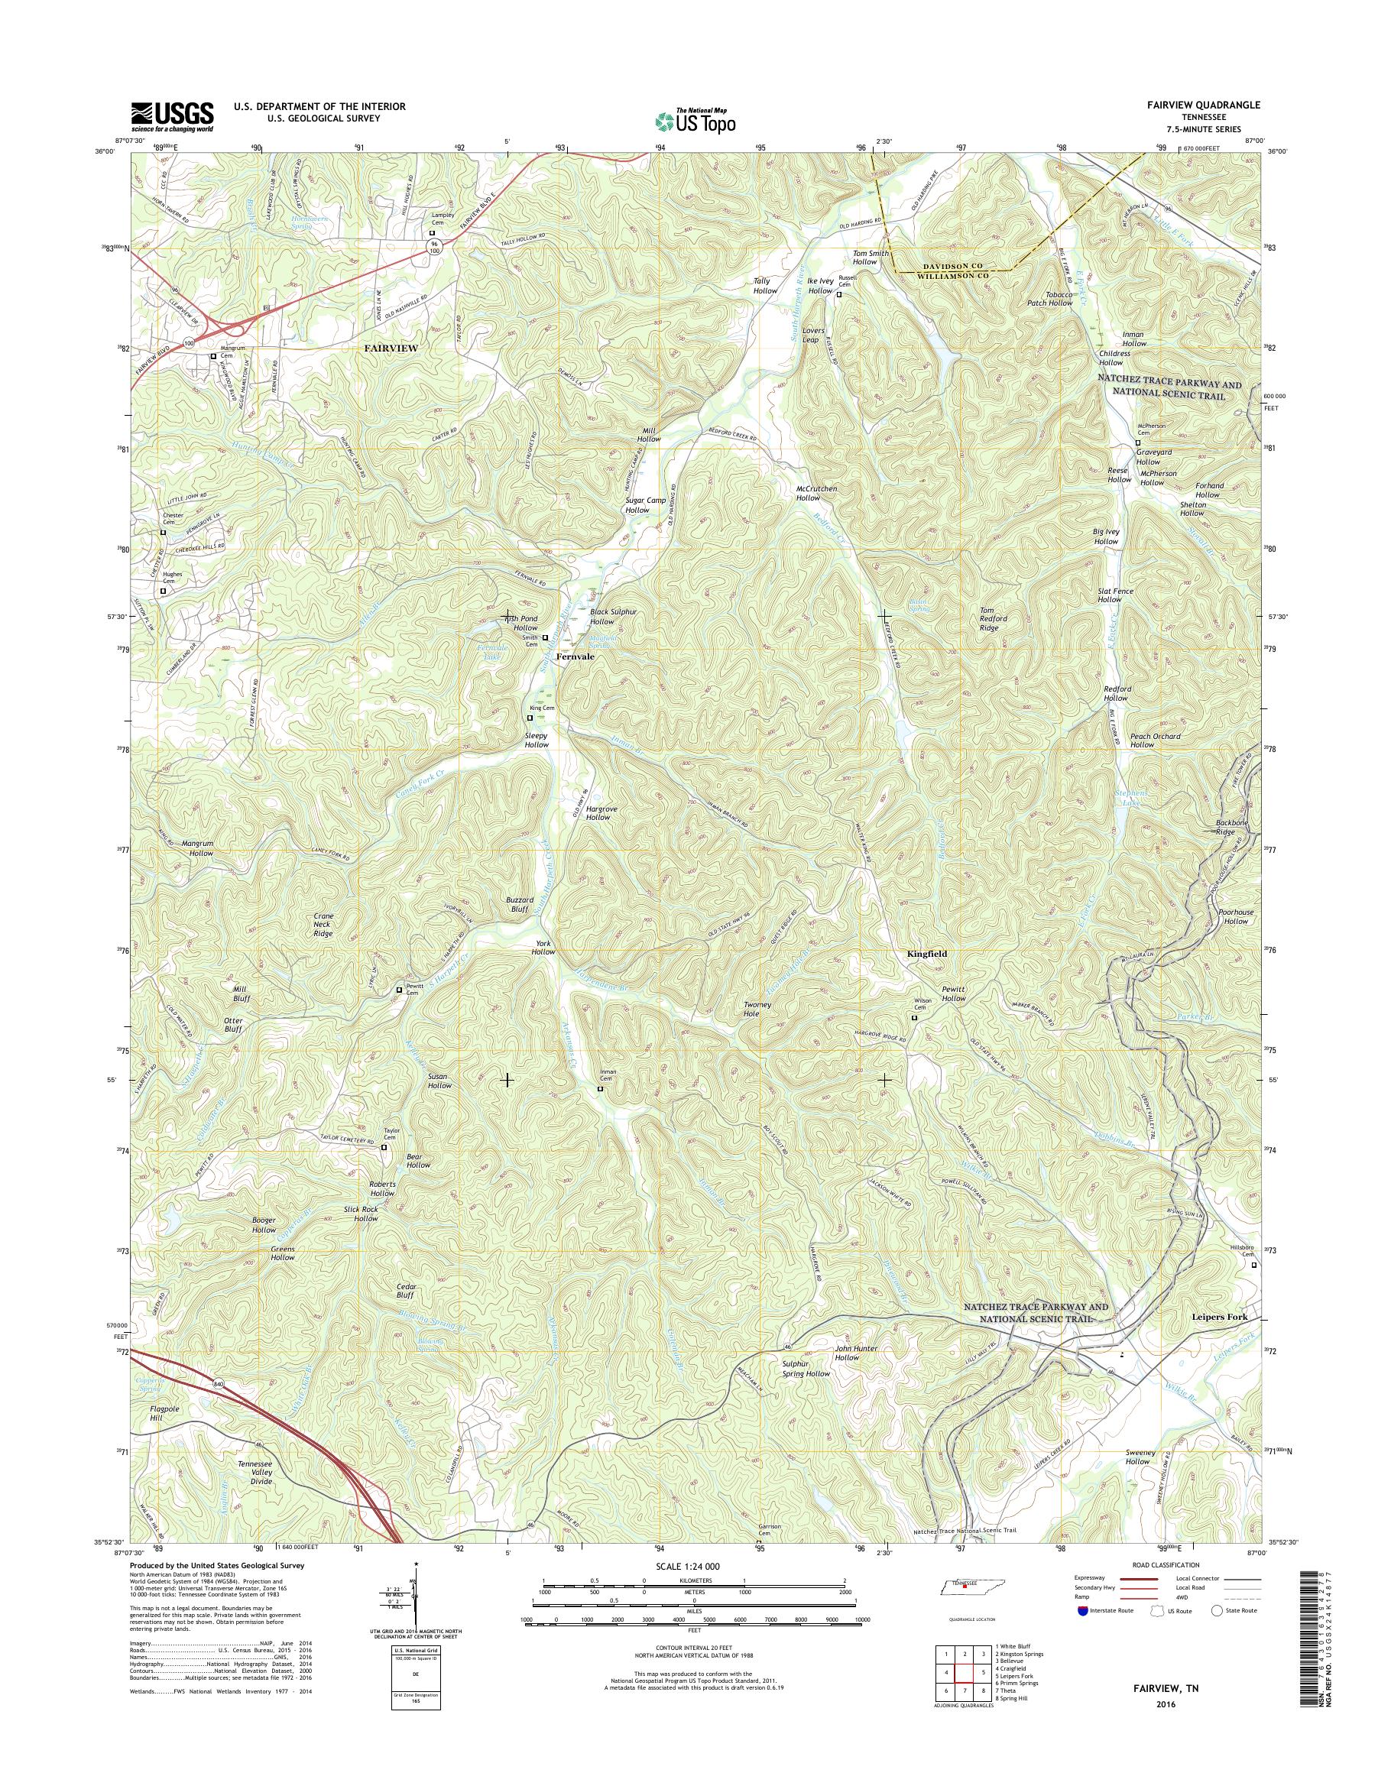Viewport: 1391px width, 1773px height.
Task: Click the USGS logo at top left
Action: click(x=172, y=116)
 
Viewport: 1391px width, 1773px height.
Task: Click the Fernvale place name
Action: click(x=575, y=656)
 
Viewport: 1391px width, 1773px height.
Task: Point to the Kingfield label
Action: click(x=928, y=953)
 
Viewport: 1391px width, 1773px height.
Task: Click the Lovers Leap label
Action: click(x=815, y=335)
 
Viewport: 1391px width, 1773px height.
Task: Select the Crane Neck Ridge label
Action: click(x=323, y=925)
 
